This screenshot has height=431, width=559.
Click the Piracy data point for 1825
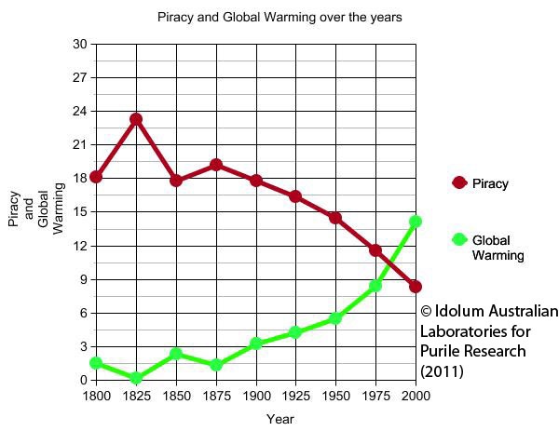click(x=136, y=119)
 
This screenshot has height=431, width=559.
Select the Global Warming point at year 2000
click(x=416, y=222)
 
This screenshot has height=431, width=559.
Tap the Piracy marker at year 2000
click(x=416, y=287)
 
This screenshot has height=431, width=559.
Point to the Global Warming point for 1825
click(x=136, y=379)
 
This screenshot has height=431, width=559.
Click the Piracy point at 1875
click(x=216, y=165)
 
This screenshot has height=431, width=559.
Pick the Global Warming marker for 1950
click(x=335, y=318)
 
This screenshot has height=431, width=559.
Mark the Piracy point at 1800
click(x=96, y=177)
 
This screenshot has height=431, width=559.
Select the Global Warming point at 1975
click(x=375, y=286)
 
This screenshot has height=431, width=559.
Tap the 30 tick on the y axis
click(x=79, y=45)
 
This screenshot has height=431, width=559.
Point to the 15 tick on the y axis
click(x=79, y=212)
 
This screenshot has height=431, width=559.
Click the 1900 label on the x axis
click(x=256, y=395)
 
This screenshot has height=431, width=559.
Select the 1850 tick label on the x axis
click(x=176, y=395)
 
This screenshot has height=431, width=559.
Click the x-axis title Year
click(x=279, y=419)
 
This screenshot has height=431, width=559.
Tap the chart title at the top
click(x=279, y=18)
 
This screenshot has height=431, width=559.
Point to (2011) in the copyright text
click(x=441, y=370)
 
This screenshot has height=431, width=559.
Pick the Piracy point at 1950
click(x=335, y=218)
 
